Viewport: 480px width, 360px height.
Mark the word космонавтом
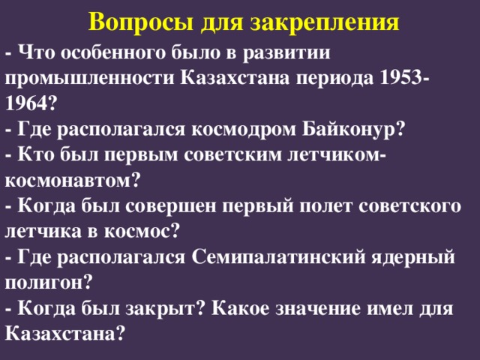point(69,180)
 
